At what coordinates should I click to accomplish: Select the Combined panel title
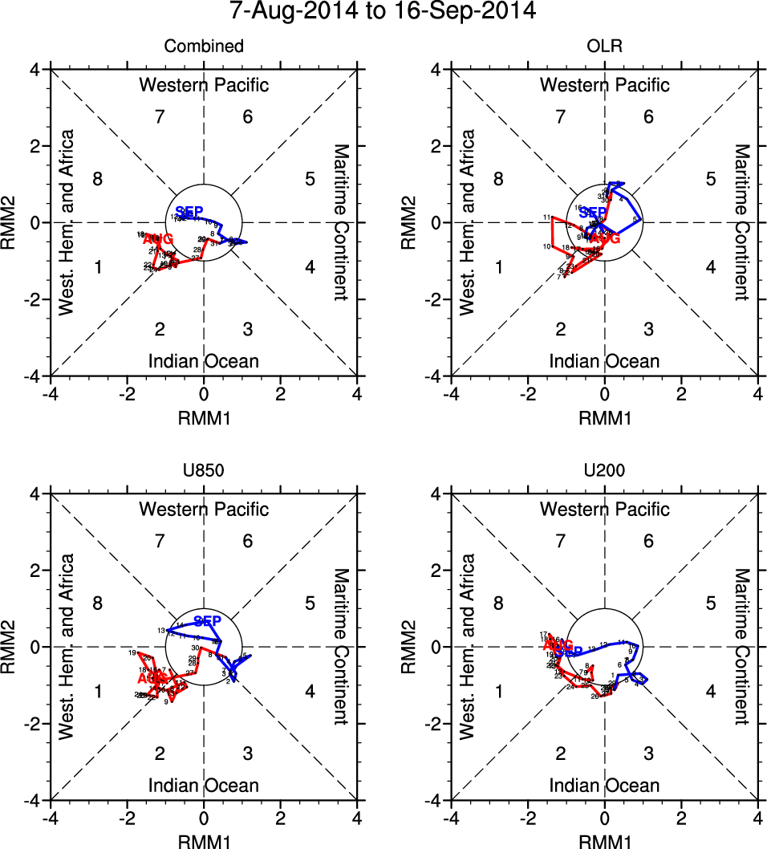pyautogui.click(x=204, y=47)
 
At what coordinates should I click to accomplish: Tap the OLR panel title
pyautogui.click(x=604, y=47)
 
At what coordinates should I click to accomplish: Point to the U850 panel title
pyautogui.click(x=204, y=471)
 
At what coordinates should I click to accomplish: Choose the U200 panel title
pyautogui.click(x=604, y=471)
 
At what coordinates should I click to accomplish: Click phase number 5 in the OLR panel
pyautogui.click(x=710, y=178)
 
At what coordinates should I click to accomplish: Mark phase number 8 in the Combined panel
pyautogui.click(x=98, y=178)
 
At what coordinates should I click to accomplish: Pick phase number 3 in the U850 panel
pyautogui.click(x=247, y=754)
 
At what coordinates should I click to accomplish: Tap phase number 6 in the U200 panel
pyautogui.click(x=648, y=542)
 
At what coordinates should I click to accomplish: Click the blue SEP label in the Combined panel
pyautogui.click(x=189, y=212)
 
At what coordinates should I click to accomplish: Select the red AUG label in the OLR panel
pyautogui.click(x=606, y=238)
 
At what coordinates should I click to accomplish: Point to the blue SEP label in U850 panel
pyautogui.click(x=207, y=621)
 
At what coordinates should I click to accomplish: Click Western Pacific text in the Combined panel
pyautogui.click(x=204, y=84)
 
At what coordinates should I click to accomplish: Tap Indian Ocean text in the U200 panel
pyautogui.click(x=604, y=786)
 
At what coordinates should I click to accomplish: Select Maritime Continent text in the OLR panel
pyautogui.click(x=741, y=222)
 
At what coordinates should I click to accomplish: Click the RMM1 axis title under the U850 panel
pyautogui.click(x=204, y=839)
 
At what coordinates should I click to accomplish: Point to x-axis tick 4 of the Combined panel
pyautogui.click(x=357, y=394)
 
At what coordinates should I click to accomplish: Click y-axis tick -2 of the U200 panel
pyautogui.click(x=435, y=724)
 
